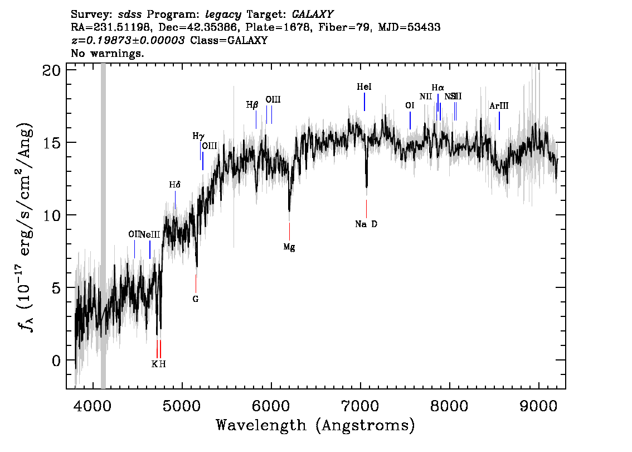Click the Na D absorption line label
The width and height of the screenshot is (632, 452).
366,224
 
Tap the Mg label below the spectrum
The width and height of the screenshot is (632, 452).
289,247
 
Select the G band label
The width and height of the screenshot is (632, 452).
196,299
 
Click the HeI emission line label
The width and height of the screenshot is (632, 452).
364,87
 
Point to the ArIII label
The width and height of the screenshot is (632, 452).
499,106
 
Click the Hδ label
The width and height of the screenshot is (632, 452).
175,185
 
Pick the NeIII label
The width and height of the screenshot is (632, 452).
150,234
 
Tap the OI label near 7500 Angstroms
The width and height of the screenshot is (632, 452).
410,105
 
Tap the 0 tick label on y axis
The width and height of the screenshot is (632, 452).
56,360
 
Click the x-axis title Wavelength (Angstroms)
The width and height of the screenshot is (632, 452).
315,426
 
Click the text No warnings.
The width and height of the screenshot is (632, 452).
108,54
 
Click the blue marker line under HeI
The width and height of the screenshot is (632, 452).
364,102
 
